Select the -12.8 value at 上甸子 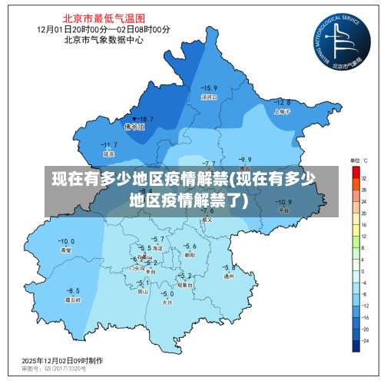point(282,102)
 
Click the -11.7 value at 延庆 point(110,144)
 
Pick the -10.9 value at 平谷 point(284,202)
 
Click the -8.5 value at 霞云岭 point(73,290)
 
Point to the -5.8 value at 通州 point(228,267)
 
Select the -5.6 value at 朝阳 point(190,246)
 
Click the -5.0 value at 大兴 point(167,294)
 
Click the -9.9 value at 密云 point(245,160)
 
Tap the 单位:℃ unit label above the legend point(359,161)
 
